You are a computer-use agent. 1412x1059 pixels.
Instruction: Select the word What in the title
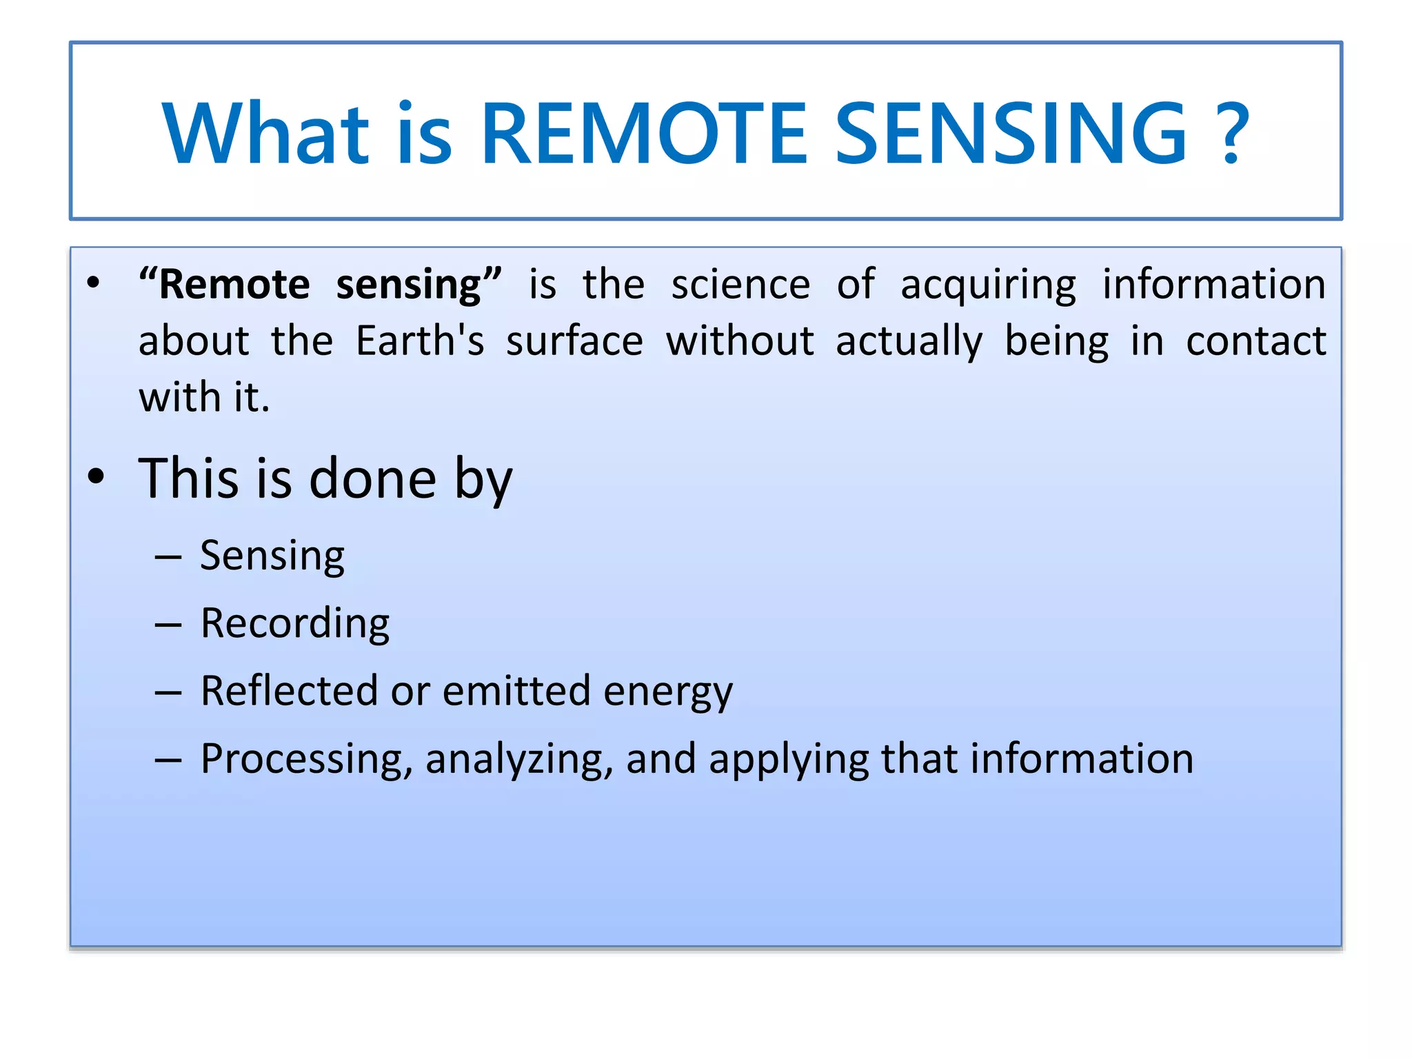[265, 134]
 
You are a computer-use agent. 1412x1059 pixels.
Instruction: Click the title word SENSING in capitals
[1011, 134]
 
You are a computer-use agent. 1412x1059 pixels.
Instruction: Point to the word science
[740, 285]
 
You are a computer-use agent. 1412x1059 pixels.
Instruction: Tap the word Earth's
[420, 341]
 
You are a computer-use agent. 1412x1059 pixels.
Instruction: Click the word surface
[574, 341]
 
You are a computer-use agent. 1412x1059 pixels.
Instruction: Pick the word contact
[1255, 341]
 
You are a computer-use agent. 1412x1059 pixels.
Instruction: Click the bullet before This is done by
[97, 476]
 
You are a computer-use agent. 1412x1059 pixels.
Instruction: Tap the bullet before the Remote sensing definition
[94, 283]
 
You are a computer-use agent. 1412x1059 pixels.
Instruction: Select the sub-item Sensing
[272, 557]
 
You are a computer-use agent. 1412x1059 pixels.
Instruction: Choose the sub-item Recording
[294, 625]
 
